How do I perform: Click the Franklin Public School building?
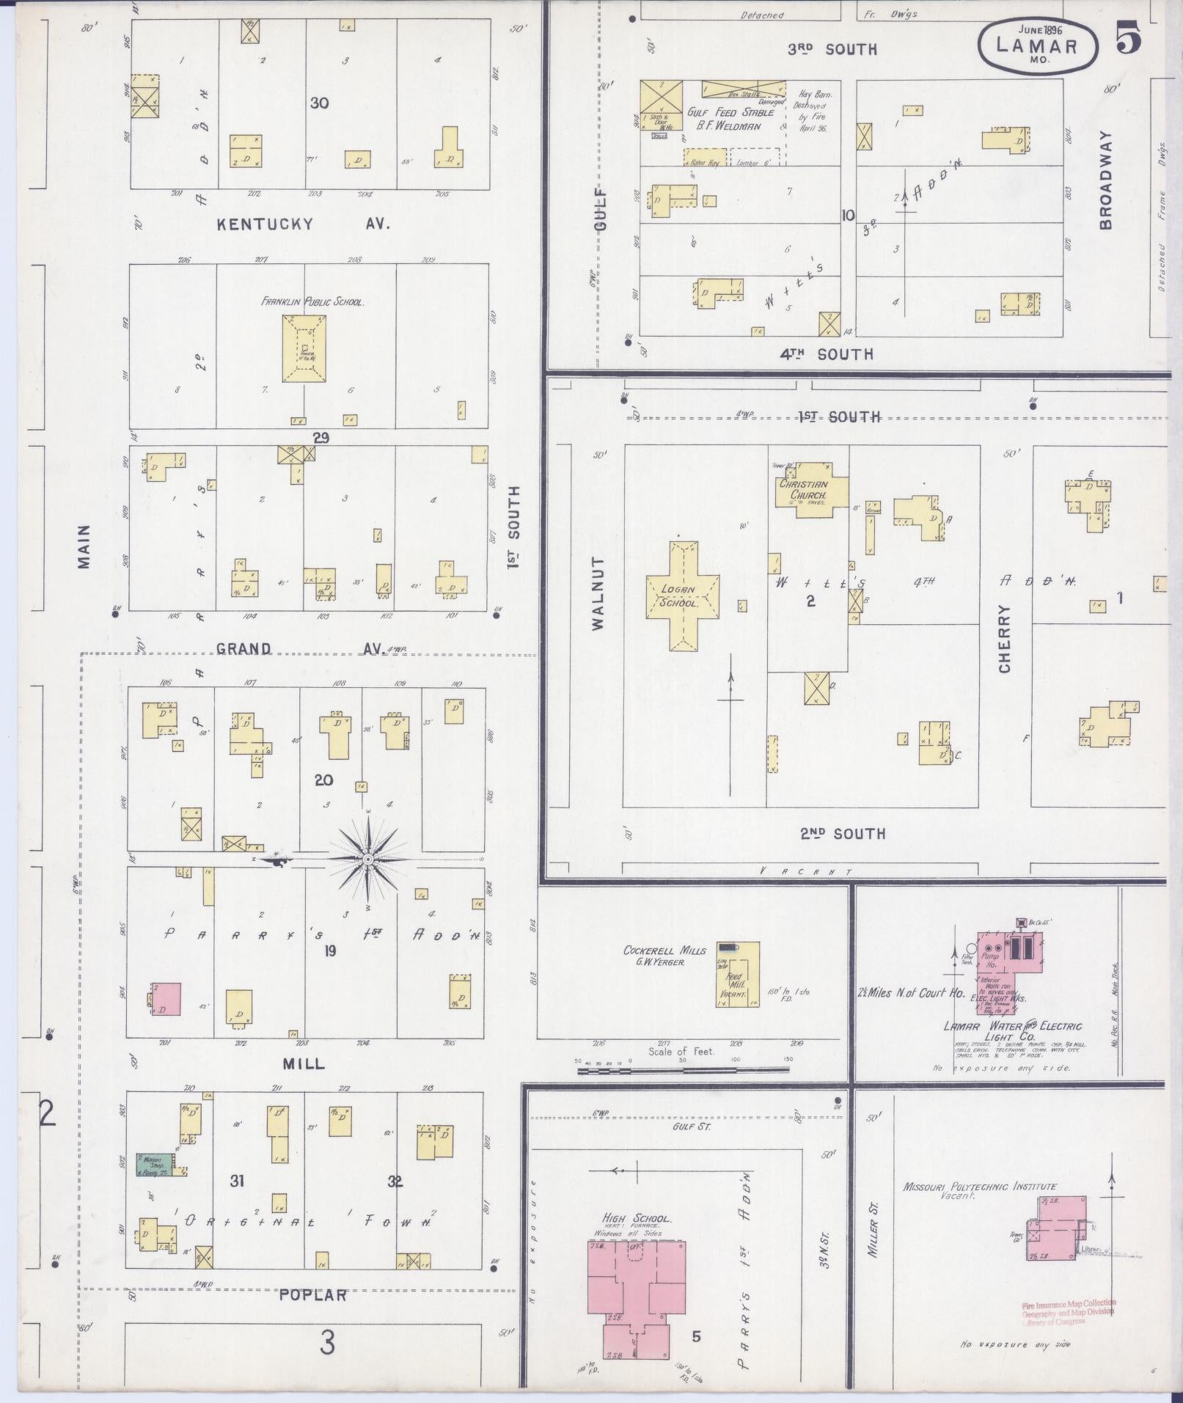304,348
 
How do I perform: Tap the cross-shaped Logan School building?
682,596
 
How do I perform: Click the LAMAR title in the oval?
1037,45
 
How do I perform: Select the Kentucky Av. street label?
303,224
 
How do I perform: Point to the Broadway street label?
1105,180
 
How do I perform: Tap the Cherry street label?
1005,638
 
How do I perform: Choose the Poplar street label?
313,1295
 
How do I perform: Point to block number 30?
319,103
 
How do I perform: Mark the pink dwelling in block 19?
166,999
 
